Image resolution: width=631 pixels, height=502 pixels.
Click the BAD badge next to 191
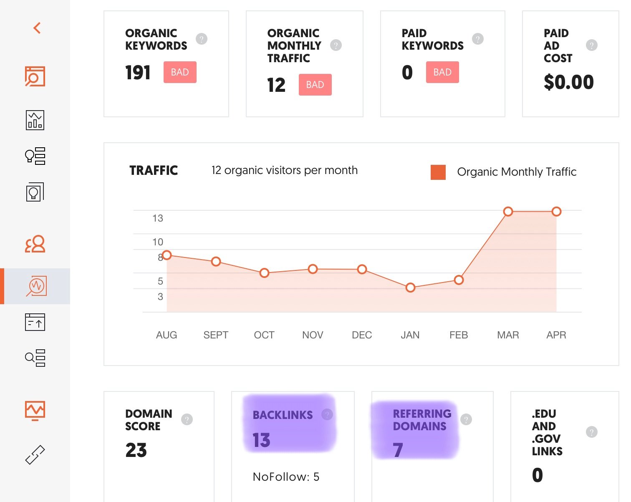pos(180,72)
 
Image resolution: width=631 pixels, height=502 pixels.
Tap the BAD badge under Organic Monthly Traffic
pos(315,85)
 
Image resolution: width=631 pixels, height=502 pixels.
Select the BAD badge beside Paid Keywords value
pos(442,72)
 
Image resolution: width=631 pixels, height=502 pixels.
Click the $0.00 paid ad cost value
pos(568,82)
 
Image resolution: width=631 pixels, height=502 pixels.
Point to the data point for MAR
pos(508,212)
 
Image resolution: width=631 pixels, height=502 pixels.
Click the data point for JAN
pos(410,288)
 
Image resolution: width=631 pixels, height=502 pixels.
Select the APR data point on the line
pos(556,212)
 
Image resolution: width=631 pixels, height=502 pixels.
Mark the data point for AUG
pos(167,255)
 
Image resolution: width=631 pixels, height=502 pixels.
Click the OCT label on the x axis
pos(264,335)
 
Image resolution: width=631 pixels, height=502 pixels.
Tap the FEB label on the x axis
pos(459,335)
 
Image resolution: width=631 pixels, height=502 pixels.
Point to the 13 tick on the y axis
pos(158,218)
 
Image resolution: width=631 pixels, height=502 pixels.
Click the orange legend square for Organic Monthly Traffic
pos(438,172)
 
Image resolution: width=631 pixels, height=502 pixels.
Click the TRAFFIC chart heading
pos(154,170)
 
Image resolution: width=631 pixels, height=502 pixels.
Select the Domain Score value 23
pos(136,450)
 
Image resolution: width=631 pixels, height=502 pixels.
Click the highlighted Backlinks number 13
pos(262,440)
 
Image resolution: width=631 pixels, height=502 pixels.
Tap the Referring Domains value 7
pos(398,450)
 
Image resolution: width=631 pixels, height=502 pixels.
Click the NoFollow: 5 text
pos(286,477)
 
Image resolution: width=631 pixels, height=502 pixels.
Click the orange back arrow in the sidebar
pos(37,28)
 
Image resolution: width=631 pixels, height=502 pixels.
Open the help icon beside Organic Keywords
pos(202,39)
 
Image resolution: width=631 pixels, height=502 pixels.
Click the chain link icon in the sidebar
pos(35,455)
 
